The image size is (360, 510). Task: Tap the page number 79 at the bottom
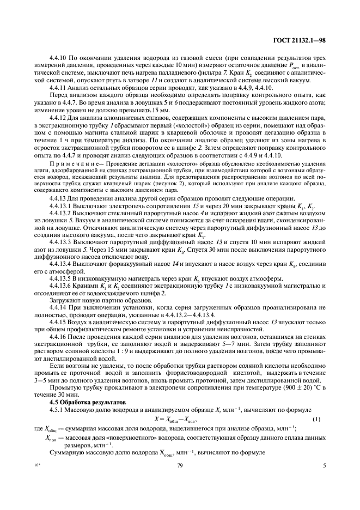click(180, 465)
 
